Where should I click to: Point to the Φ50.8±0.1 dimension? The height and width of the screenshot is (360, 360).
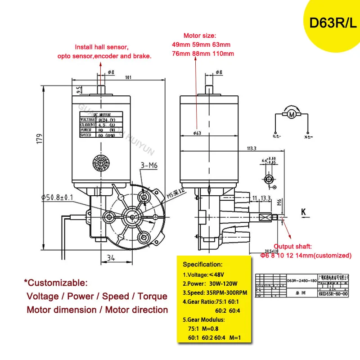[61, 197]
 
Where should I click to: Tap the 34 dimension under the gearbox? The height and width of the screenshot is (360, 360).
[111, 258]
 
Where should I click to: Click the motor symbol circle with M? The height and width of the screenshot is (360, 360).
[291, 115]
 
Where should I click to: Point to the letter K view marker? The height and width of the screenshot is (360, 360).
[303, 211]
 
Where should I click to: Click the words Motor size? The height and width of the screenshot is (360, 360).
[200, 36]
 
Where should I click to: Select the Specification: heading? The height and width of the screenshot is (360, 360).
[202, 264]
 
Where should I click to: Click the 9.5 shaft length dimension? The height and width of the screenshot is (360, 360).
[80, 90]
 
